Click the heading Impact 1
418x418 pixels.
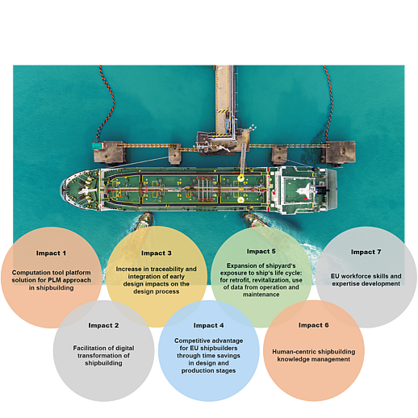tap(51, 253)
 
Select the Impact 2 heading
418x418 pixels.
tap(103, 325)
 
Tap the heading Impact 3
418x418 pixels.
tap(157, 253)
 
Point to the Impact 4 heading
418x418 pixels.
tap(208, 325)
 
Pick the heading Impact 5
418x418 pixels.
tap(261, 251)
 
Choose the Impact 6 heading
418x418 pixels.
tap(314, 325)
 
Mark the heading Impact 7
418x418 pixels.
tap(366, 252)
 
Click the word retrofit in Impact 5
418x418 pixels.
tap(240, 280)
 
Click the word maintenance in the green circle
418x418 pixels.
tap(261, 295)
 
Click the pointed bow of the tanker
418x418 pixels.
tap(63, 189)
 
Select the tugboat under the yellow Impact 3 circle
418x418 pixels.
tap(144, 221)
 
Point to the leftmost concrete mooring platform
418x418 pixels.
tap(109, 153)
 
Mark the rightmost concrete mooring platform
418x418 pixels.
tap(339, 153)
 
